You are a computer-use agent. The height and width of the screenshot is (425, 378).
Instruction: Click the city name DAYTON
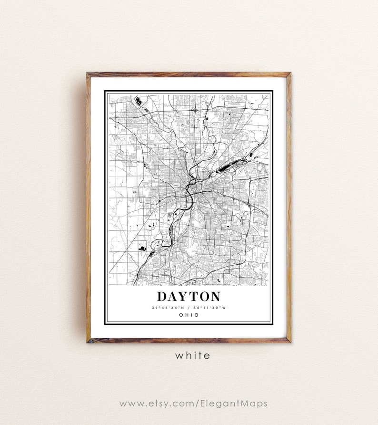189,296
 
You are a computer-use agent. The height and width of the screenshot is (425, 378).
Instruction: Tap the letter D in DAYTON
163,296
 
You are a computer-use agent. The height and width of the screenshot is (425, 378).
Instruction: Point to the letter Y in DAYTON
184,296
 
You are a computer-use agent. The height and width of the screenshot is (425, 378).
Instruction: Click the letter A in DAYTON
174,296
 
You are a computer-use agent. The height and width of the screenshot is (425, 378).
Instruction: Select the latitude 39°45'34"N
168,308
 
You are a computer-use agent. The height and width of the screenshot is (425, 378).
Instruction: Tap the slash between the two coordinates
189,308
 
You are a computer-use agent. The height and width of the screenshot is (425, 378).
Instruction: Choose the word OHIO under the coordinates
189,315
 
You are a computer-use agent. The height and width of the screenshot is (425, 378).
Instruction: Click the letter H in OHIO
186,315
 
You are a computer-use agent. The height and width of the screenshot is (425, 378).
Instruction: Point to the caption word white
192,355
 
